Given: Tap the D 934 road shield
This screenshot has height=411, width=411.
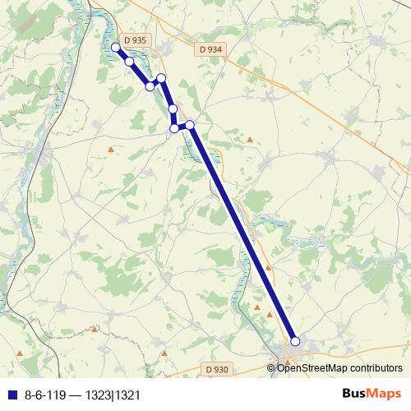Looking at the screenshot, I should (210, 50).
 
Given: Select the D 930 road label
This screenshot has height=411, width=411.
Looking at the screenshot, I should (215, 369).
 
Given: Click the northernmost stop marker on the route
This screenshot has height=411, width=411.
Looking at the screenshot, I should (116, 48).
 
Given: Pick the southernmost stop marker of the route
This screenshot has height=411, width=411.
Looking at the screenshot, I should (295, 342).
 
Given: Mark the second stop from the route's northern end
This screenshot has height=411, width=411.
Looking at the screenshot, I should (129, 62).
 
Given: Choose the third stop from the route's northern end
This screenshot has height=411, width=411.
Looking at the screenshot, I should (150, 85).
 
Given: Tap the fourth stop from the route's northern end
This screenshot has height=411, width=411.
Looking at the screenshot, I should (161, 78).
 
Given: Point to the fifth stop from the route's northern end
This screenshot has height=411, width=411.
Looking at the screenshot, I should (173, 109).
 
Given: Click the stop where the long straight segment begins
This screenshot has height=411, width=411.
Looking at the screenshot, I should (190, 125).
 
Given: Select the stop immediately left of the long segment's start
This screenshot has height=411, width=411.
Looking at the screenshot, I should (174, 127).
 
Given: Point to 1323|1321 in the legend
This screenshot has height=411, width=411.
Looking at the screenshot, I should (116, 395).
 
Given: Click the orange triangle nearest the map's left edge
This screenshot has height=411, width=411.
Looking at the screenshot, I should (95, 329).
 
